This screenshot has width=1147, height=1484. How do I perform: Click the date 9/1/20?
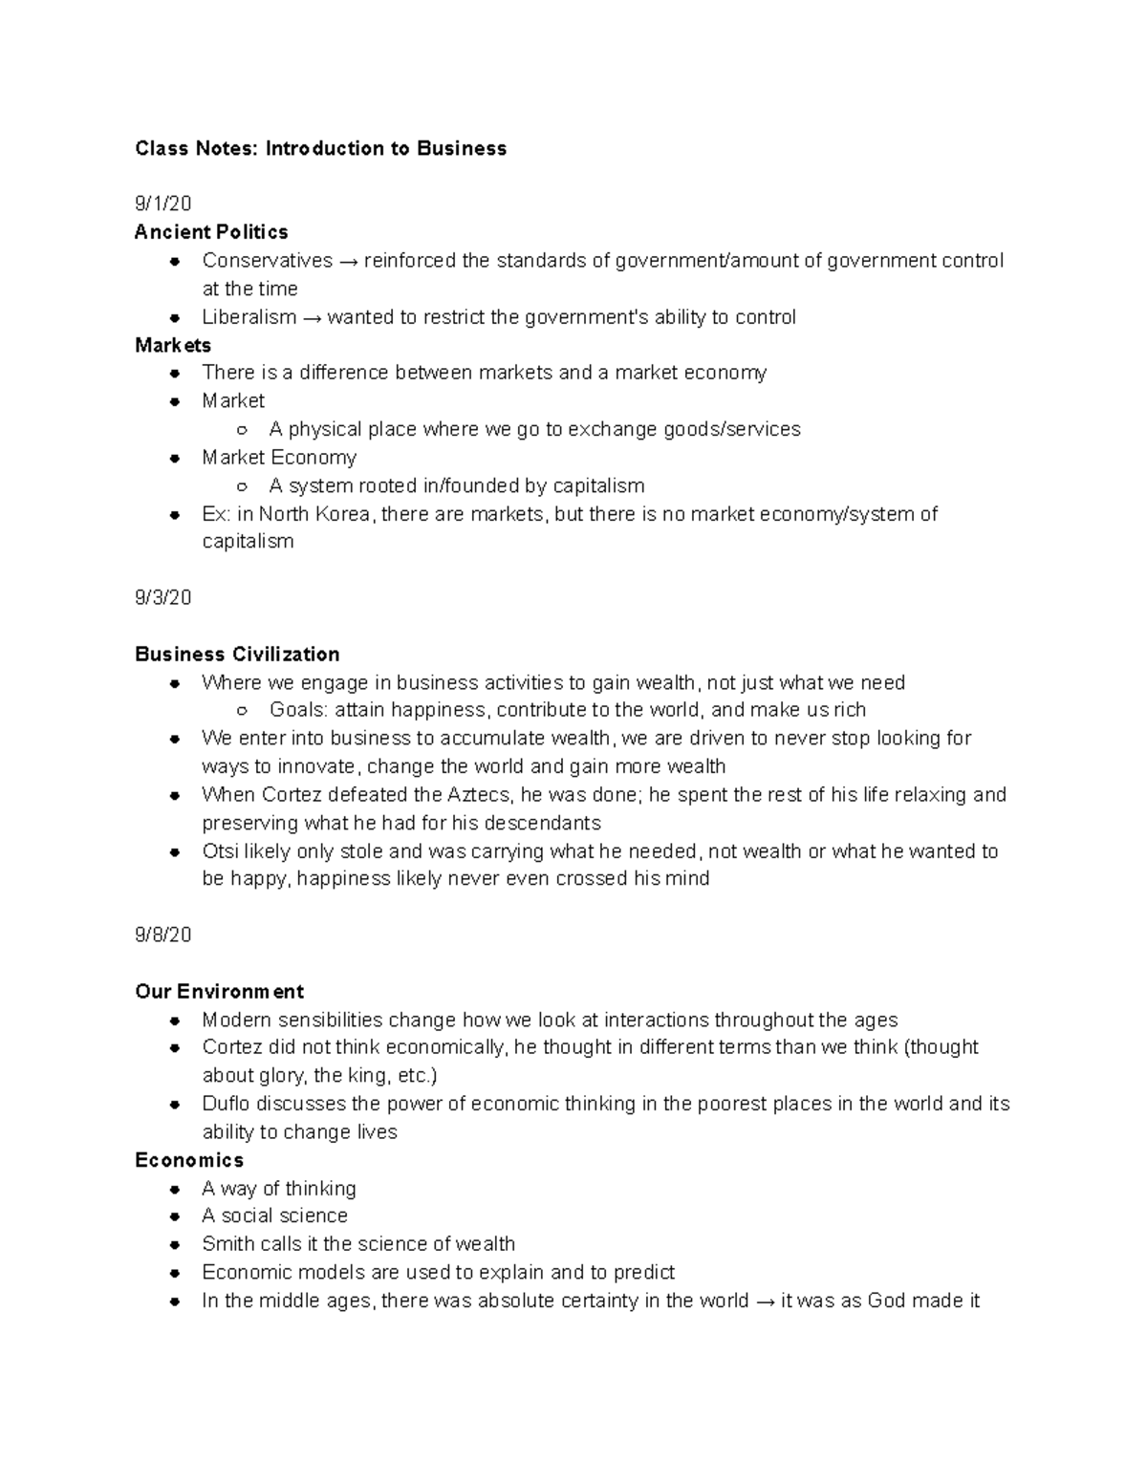[162, 204]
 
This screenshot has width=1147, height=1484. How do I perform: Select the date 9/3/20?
[162, 598]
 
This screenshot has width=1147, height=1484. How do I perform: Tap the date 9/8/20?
[162, 936]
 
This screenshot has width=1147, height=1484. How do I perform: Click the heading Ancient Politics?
[211, 232]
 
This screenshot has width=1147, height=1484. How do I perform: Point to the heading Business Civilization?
[237, 655]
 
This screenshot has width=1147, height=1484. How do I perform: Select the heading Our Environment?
[219, 992]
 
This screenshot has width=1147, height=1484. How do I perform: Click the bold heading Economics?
[189, 1160]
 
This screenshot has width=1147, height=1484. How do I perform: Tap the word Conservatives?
[267, 261]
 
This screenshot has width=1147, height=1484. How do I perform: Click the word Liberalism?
[249, 317]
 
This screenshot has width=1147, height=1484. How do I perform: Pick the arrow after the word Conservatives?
[348, 261]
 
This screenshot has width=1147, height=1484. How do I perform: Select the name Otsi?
[219, 851]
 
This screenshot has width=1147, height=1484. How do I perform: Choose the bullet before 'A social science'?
[175, 1216]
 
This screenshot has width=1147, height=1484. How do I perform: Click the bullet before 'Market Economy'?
[175, 458]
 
